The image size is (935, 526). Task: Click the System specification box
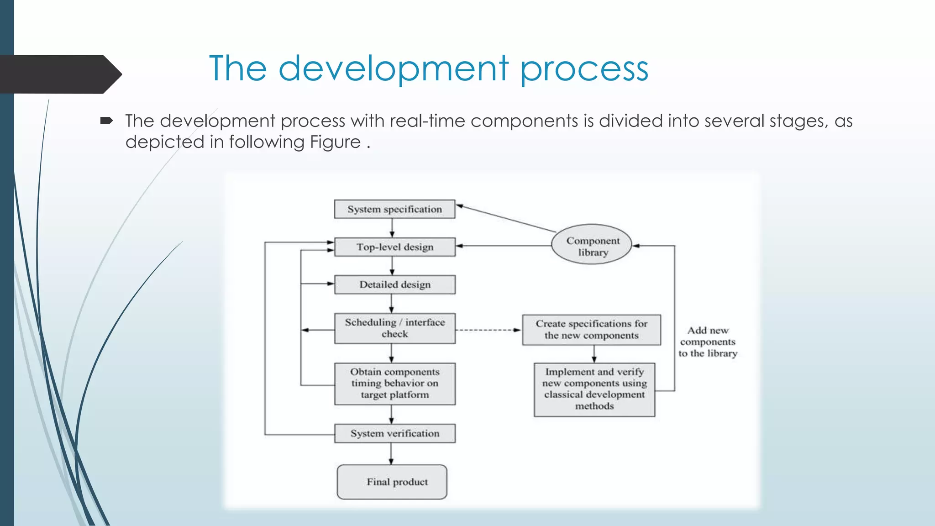(x=394, y=209)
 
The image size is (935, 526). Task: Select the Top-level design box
(x=394, y=247)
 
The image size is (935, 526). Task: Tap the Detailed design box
(x=394, y=284)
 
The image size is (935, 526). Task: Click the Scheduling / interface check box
(x=394, y=328)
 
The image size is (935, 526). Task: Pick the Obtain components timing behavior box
(x=394, y=384)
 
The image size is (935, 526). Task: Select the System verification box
(x=394, y=433)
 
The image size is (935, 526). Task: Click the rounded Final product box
(x=392, y=482)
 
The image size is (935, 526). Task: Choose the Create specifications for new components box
(x=591, y=330)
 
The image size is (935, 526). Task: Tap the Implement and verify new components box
(x=594, y=389)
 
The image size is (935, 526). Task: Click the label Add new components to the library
(x=708, y=342)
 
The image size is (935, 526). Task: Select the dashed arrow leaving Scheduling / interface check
(x=488, y=330)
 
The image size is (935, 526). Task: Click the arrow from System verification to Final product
(x=391, y=453)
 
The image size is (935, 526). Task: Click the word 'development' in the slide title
(x=393, y=68)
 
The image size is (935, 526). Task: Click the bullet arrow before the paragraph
(x=106, y=121)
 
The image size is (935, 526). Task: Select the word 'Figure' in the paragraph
(x=335, y=142)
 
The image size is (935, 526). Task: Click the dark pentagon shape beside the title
(x=59, y=74)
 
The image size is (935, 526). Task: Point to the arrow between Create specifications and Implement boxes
(x=594, y=354)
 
